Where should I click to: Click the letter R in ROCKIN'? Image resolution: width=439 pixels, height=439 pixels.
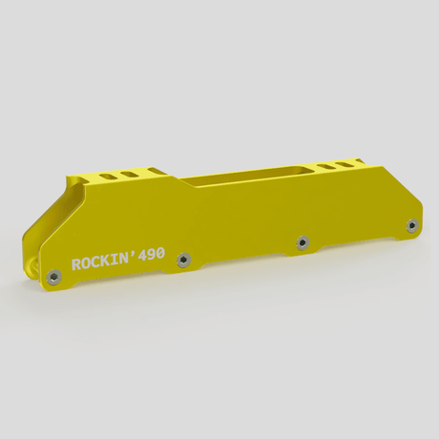pyautogui.click(x=77, y=264)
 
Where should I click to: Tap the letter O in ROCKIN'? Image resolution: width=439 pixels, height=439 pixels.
pyautogui.click(x=89, y=262)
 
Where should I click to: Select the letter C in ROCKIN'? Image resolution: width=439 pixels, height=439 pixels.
pyautogui.click(x=100, y=261)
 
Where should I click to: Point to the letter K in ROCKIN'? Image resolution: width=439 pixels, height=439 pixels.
pyautogui.click(x=112, y=259)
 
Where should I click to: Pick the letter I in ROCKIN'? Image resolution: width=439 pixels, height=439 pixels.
pyautogui.click(x=121, y=258)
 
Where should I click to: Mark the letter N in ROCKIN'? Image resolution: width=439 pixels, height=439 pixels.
pyautogui.click(x=131, y=256)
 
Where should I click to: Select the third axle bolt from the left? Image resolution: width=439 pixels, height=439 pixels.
pyautogui.click(x=303, y=241)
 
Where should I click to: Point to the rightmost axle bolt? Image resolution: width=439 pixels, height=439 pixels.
pyautogui.click(x=411, y=226)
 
